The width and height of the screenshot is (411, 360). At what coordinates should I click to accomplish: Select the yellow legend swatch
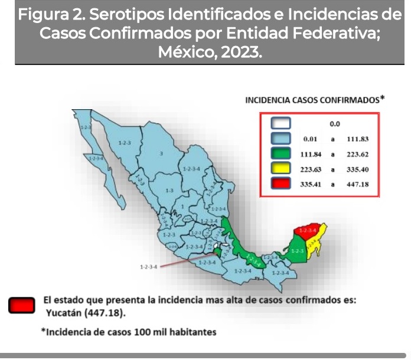pyautogui.click(x=281, y=169)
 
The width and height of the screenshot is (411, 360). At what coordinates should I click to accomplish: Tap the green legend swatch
pyautogui.click(x=281, y=154)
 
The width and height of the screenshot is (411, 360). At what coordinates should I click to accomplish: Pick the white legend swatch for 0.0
pyautogui.click(x=281, y=124)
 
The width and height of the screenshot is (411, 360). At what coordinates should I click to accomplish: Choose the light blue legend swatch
pyautogui.click(x=281, y=139)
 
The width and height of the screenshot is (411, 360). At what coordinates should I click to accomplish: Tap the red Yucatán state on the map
pyautogui.click(x=307, y=231)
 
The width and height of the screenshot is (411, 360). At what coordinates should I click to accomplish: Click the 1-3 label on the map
pyautogui.click(x=169, y=190)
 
